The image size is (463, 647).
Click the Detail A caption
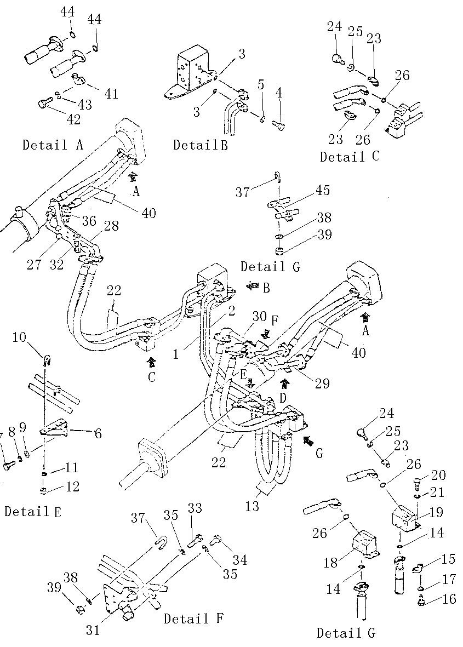point(53,145)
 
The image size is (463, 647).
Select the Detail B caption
point(201,145)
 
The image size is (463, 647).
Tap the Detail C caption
point(350,157)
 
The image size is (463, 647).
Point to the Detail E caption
point(33,511)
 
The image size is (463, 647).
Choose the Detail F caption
point(193,619)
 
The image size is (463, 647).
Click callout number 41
point(111,95)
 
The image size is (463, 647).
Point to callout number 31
point(93,630)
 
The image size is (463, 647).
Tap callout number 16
point(448,599)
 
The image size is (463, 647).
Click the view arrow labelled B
point(253,286)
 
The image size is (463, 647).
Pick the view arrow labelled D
point(285,382)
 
